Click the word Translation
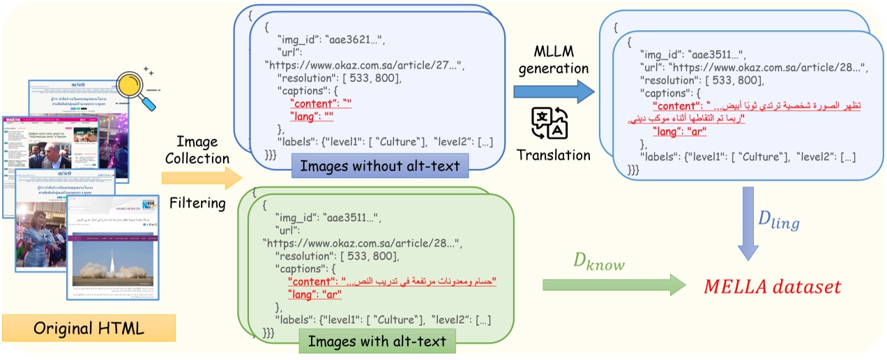coord(552,154)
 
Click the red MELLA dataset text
coord(772,287)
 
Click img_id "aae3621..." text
coord(337,38)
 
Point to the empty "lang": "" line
coord(316,116)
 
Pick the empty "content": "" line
coord(321,103)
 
